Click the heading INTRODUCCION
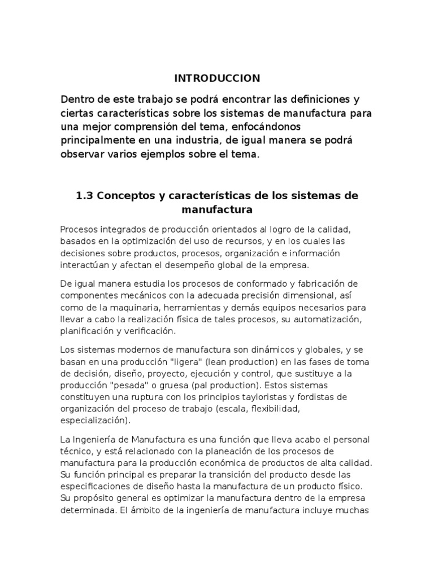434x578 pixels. (216, 78)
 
